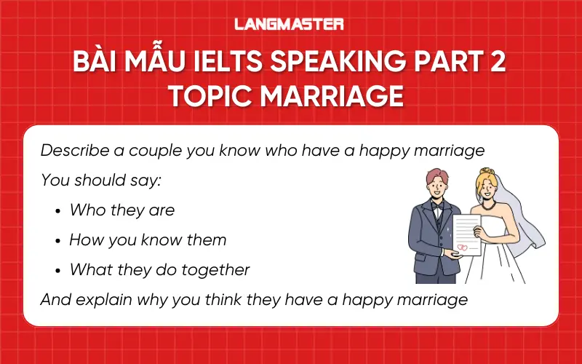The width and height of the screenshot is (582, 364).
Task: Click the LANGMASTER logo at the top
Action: coord(289,24)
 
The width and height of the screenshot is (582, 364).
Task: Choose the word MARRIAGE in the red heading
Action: coord(341,95)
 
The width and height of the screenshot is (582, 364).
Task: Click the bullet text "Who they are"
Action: coord(121,210)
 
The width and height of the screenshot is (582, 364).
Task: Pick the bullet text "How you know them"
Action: coord(148,240)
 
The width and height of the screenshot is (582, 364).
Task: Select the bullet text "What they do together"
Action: coord(159,269)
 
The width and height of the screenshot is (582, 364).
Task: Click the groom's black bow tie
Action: coord(436,207)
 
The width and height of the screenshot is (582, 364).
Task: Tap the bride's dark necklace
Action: coord(485,206)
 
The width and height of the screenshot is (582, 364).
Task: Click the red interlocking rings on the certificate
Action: coord(461,247)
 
